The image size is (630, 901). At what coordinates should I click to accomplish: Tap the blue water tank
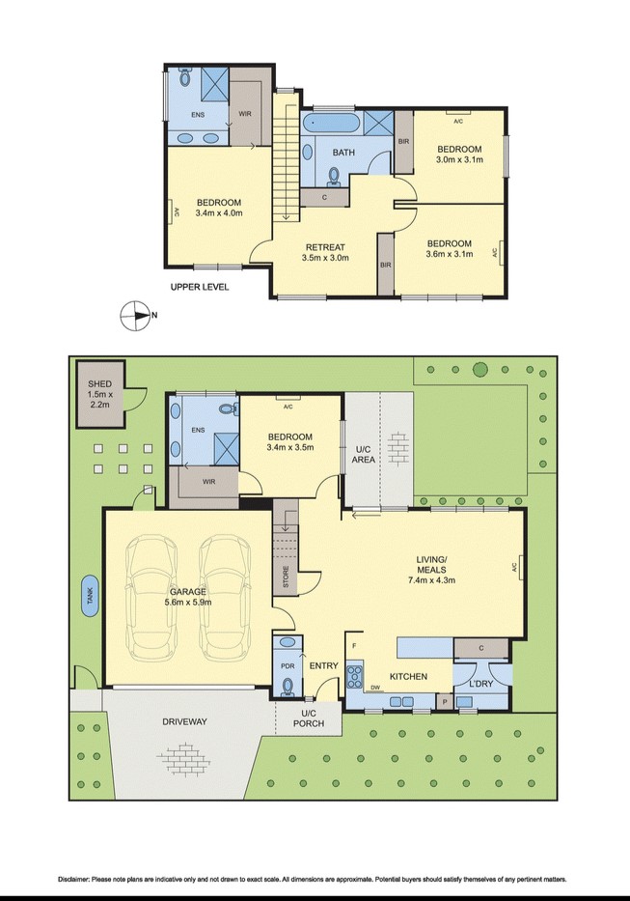[90, 596]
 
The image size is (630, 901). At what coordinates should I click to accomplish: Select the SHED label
[100, 383]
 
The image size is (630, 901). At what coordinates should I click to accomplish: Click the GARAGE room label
[188, 592]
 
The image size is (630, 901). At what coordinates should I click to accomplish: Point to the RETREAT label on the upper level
[325, 247]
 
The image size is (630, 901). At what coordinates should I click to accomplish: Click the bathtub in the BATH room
[331, 123]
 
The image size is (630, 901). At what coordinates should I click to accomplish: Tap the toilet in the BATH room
[333, 178]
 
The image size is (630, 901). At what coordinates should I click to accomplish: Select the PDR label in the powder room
[288, 666]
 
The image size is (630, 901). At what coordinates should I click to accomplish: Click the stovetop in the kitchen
[354, 676]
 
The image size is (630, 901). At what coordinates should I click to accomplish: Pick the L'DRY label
[481, 685]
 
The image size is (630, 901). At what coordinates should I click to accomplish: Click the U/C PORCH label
[309, 718]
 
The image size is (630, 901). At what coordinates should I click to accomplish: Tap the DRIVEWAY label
[184, 721]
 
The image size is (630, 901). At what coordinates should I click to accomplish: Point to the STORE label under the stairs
[286, 577]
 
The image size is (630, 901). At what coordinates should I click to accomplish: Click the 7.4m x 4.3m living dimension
[431, 579]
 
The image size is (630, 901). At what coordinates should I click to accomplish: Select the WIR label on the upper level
[245, 114]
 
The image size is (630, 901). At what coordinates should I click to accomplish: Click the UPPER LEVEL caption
[200, 287]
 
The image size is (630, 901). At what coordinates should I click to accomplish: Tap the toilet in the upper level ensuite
[185, 76]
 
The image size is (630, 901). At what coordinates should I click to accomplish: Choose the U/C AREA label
[364, 454]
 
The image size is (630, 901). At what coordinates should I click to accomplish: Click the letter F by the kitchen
[354, 646]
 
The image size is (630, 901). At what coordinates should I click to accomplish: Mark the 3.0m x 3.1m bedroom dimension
[459, 159]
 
